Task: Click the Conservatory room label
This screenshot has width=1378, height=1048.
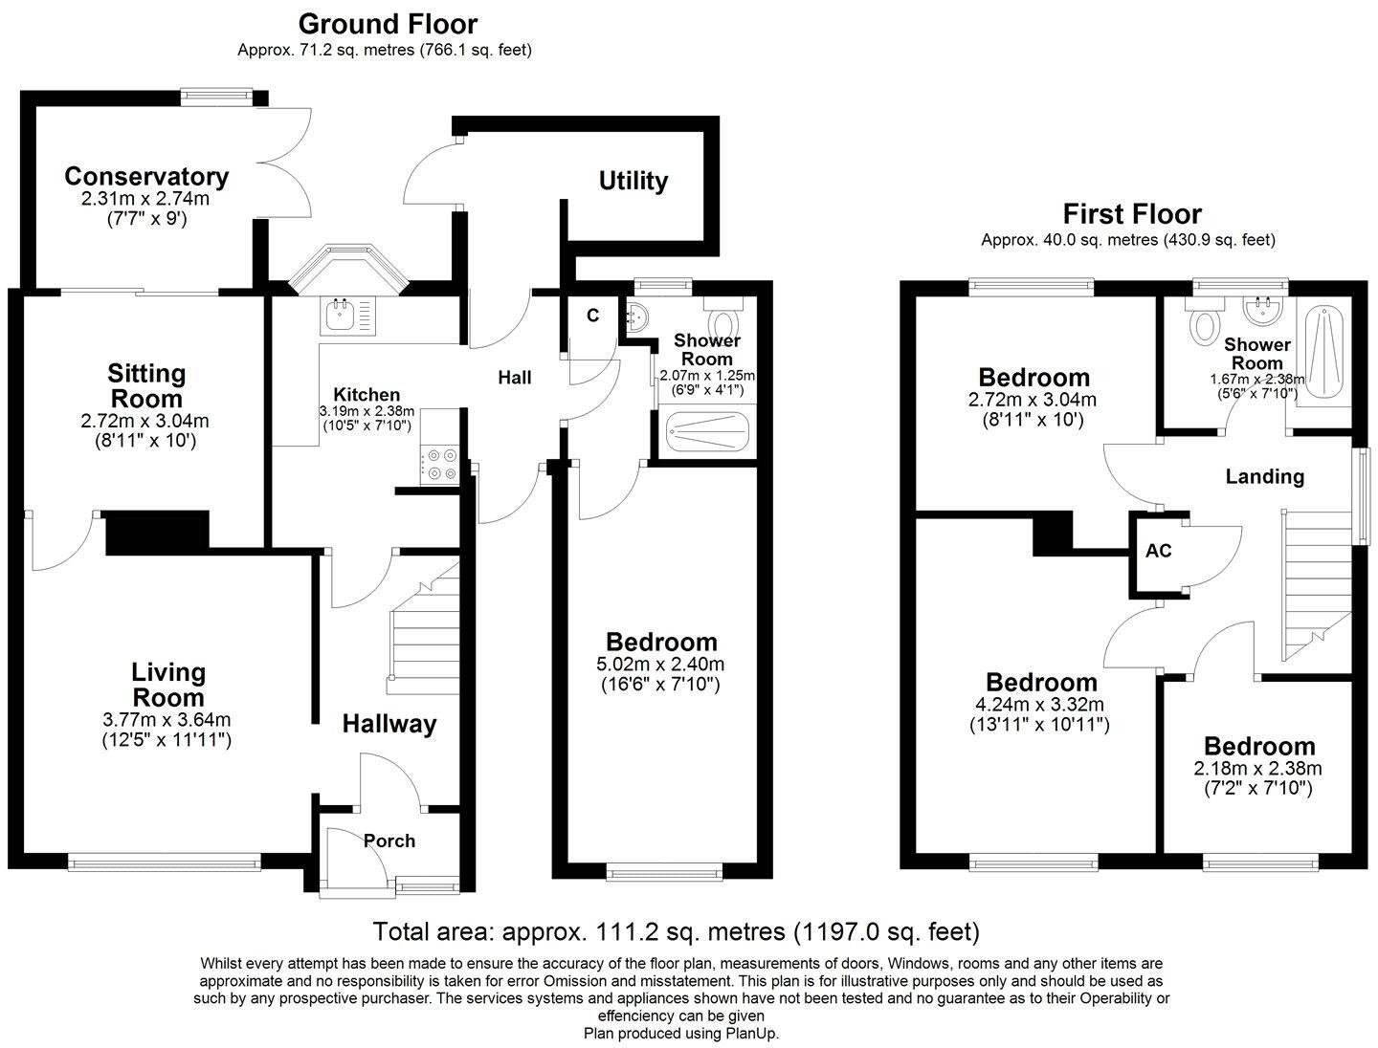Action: pos(146,177)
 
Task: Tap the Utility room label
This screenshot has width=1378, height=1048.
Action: pos(633,181)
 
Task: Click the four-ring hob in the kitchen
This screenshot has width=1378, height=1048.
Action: pos(441,464)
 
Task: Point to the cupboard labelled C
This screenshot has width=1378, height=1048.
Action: pos(593,316)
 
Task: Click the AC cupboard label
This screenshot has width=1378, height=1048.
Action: pos(1159,552)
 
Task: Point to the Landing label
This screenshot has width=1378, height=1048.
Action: pos(1265,476)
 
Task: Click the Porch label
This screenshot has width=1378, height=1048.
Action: pos(389,841)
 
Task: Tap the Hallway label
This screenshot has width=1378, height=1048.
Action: pos(389,724)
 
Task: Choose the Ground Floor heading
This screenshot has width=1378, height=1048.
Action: pos(388,23)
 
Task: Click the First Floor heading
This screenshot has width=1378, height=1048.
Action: pos(1132,213)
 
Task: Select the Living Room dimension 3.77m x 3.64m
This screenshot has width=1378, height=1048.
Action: pos(167,720)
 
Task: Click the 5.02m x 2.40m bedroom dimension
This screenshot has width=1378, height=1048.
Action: pos(661,665)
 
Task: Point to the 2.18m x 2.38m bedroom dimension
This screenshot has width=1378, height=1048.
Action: pos(1257,769)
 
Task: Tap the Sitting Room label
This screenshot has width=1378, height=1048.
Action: pos(146,385)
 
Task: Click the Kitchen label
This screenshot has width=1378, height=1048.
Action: pos(367,394)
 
